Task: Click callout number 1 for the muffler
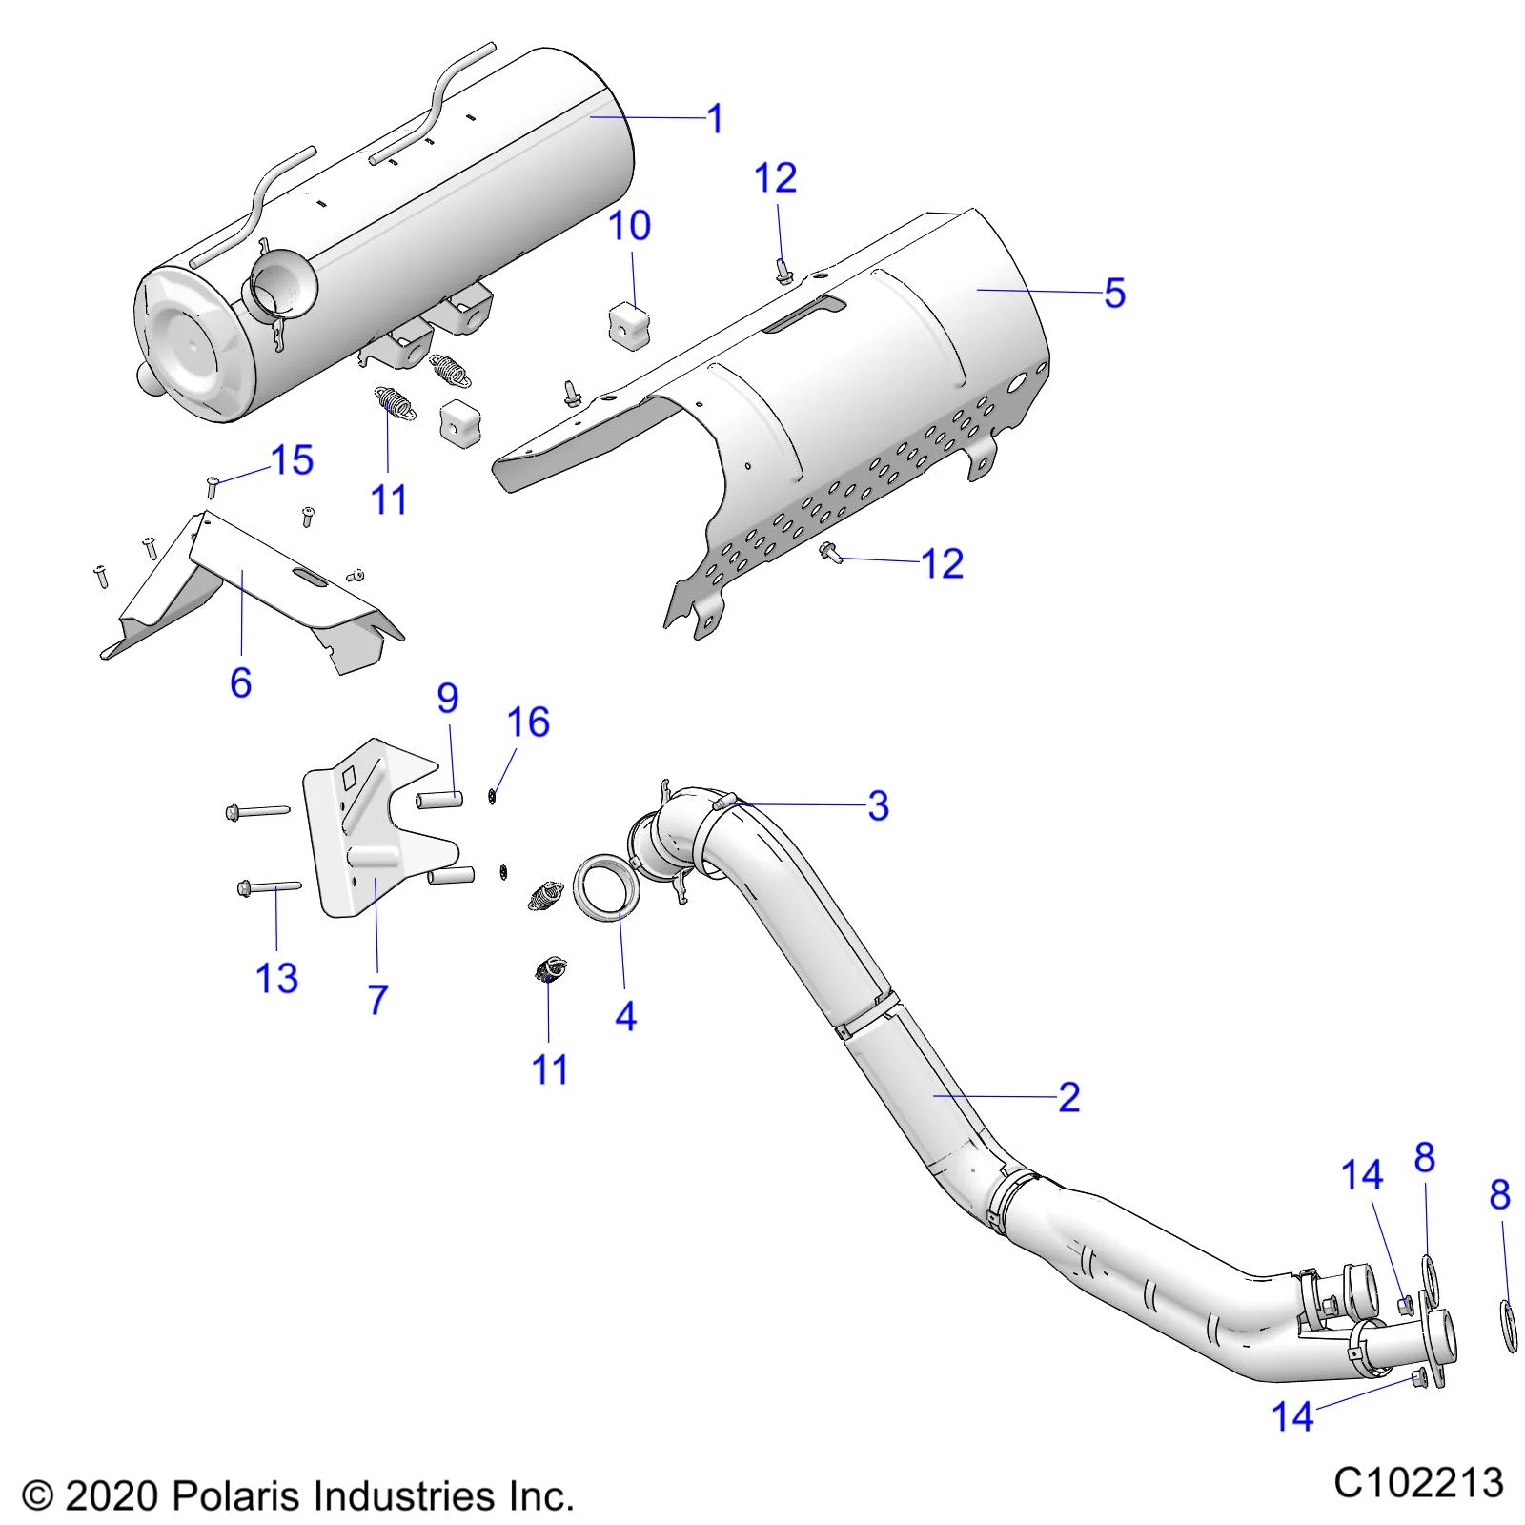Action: (x=715, y=120)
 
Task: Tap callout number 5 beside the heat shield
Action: (x=1114, y=293)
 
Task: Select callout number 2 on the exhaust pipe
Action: (x=1068, y=1098)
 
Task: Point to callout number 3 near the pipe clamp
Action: (x=878, y=806)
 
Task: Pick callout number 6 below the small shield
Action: (x=240, y=682)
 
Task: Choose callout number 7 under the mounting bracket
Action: (x=377, y=1000)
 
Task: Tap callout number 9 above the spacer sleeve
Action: (x=448, y=699)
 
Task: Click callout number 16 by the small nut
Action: (x=528, y=722)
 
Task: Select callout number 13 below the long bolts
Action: (x=276, y=978)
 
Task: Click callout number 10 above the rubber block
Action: (x=629, y=226)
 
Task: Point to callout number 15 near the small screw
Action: (x=293, y=460)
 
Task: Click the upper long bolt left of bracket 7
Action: (x=257, y=811)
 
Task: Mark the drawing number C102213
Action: (x=1418, y=1483)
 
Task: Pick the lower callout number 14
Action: (x=1292, y=1417)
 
